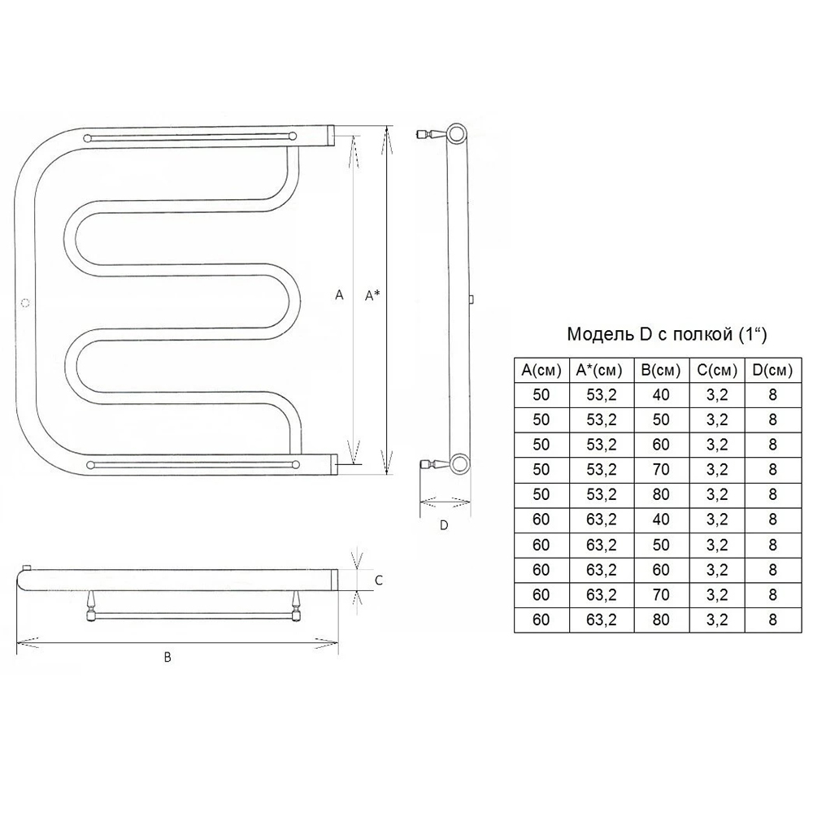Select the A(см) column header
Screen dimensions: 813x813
click(x=541, y=370)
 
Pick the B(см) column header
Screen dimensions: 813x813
click(x=660, y=370)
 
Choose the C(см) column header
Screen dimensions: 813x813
click(x=717, y=370)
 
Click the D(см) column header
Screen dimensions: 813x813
click(x=772, y=370)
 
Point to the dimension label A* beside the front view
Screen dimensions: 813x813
click(x=372, y=296)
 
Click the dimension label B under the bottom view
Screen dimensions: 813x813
click(x=167, y=658)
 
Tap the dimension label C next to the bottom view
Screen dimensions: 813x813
click(x=379, y=580)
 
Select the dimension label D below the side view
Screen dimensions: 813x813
click(x=444, y=525)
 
